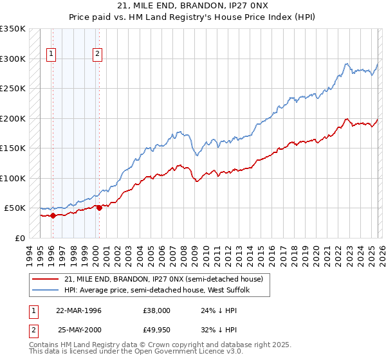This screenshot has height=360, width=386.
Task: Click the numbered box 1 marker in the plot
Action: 51,55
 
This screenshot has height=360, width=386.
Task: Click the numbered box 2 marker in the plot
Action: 97,55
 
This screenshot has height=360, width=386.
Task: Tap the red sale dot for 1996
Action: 53,215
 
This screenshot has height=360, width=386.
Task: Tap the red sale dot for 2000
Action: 99,208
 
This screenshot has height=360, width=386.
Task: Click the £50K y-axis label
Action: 15,208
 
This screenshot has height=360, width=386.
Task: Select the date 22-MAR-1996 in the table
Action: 78,310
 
